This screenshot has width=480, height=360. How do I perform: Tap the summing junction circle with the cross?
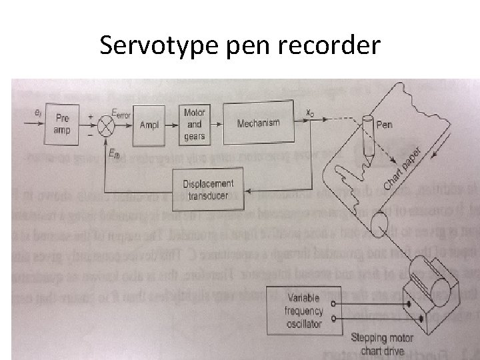103,125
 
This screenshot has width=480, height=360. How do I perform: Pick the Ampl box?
151,124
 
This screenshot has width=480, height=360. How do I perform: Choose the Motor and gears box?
195,123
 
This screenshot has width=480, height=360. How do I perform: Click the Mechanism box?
258,123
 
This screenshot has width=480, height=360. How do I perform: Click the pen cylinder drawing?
367,137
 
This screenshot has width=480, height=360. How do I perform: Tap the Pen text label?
385,124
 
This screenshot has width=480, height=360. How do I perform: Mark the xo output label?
309,115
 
